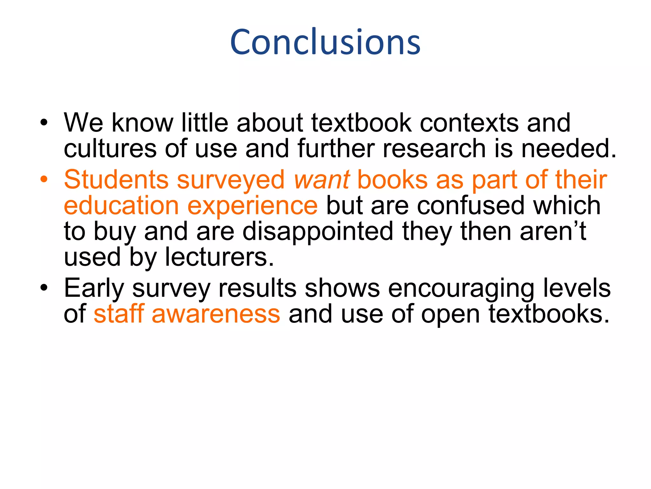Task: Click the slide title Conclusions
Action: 325,42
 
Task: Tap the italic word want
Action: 322,180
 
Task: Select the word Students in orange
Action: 116,180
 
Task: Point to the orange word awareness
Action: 216,314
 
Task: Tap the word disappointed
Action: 318,232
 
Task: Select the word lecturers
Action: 219,257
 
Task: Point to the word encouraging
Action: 461,289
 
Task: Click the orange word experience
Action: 252,206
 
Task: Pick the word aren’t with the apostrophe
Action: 553,231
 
